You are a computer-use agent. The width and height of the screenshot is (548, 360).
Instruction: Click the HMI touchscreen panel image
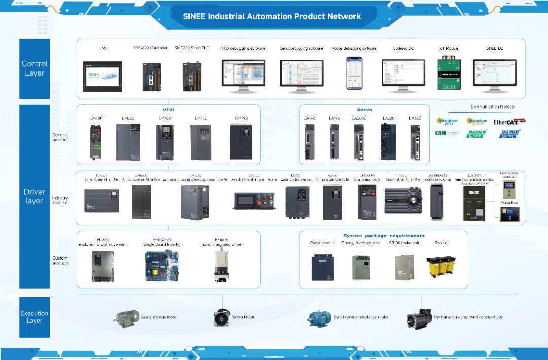(102, 77)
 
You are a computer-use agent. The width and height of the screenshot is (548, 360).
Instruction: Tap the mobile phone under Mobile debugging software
(354, 74)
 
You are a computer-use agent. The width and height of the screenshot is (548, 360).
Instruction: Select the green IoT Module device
(449, 74)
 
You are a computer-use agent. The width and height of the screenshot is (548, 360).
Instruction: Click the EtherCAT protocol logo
(509, 122)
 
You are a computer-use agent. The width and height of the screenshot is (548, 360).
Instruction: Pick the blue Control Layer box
(35, 68)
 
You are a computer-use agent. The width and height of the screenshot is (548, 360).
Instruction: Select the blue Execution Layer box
(35, 317)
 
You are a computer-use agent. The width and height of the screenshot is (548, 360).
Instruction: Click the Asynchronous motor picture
(127, 318)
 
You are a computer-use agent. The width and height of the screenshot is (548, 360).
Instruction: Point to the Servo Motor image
(221, 318)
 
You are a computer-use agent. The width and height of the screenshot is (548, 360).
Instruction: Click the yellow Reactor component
(441, 267)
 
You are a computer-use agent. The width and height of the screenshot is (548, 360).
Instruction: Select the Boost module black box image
(322, 267)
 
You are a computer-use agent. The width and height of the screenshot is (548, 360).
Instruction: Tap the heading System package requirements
(383, 236)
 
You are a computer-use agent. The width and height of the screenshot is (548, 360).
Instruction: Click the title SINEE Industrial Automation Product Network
(272, 16)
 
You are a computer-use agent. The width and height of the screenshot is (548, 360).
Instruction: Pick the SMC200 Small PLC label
(191, 48)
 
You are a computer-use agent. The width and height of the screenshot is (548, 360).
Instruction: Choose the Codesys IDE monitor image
(403, 76)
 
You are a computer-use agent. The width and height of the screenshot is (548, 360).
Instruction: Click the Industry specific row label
(60, 200)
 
